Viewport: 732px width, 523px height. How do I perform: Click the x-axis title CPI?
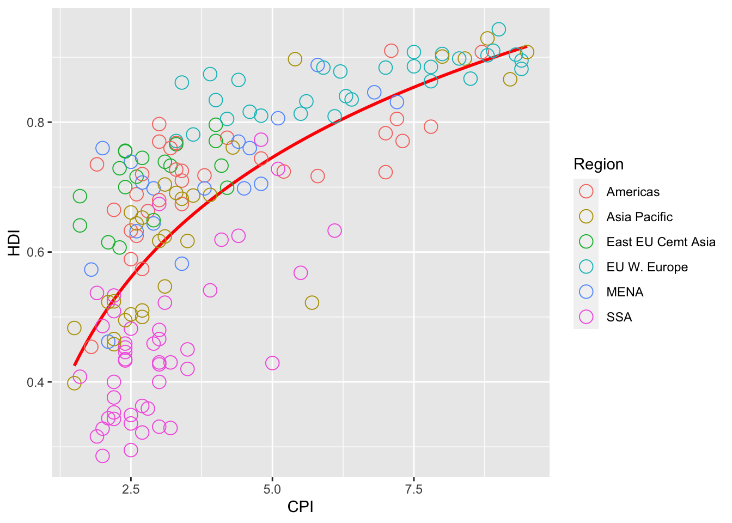300,507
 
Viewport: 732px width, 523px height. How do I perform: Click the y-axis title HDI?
15,243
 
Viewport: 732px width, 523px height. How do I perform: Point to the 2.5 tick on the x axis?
131,489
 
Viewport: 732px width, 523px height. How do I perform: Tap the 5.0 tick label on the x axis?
272,489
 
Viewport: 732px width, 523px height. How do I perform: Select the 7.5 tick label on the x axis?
413,489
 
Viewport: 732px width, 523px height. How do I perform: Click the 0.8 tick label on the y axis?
35,122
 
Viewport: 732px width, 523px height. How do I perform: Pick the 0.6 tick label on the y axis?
35,252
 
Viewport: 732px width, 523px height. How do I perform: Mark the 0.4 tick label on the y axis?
35,382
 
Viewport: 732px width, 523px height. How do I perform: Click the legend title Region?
599,165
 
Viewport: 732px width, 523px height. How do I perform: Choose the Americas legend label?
633,192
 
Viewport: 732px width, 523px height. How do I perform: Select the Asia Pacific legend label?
639,217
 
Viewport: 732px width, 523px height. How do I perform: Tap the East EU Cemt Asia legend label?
661,242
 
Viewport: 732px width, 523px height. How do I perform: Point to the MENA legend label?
625,292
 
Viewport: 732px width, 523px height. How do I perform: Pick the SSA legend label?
619,317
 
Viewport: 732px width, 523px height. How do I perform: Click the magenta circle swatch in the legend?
586,317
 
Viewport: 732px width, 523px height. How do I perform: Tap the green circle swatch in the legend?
586,242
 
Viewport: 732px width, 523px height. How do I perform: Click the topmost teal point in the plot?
498,29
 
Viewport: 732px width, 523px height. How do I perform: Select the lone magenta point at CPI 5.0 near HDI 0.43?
272,363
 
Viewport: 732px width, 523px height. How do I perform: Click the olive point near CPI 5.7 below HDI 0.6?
312,302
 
